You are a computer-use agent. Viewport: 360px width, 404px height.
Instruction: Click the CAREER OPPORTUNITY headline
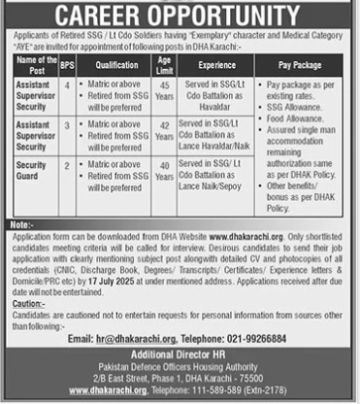180,17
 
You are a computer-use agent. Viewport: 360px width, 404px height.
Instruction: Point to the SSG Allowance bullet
289,108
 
